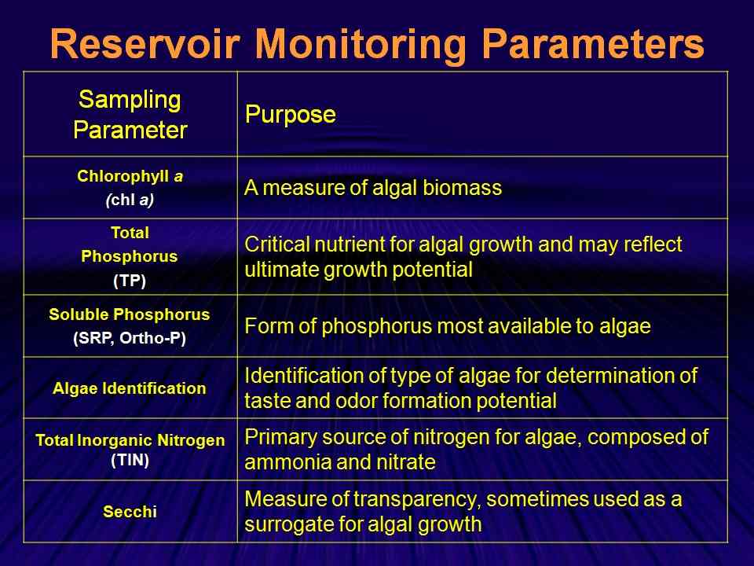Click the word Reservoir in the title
(145, 44)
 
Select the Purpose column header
(291, 115)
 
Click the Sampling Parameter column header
(130, 115)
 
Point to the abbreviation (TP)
(130, 280)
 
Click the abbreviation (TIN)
(130, 460)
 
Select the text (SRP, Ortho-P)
(130, 338)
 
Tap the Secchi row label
(130, 511)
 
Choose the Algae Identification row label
(130, 388)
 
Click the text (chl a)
(130, 200)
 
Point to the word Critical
(276, 244)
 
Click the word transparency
(417, 500)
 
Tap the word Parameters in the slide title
(593, 44)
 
